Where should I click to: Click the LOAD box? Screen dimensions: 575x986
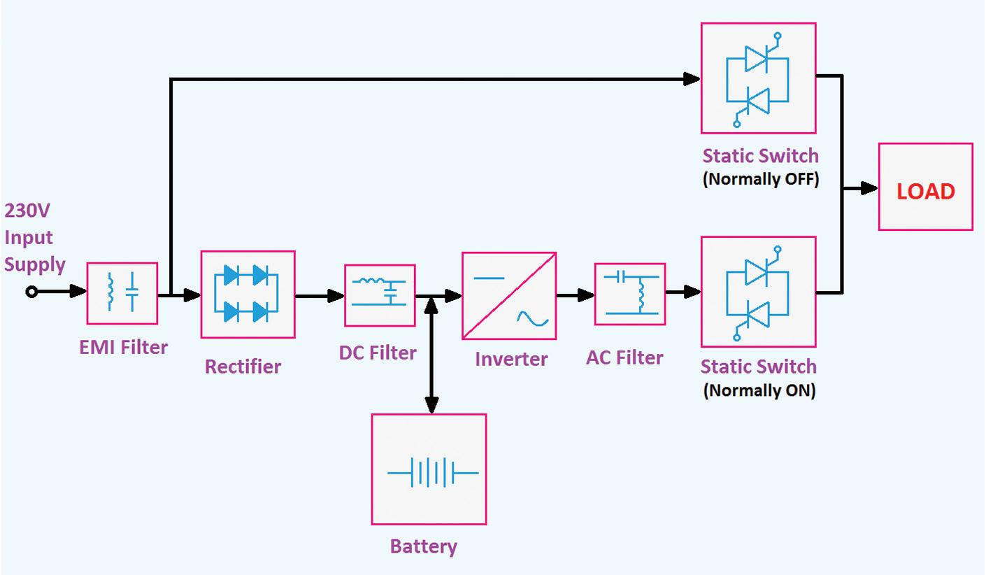coord(925,187)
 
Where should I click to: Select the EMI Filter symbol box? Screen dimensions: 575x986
coord(122,293)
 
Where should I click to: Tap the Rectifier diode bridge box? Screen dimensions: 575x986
coord(248,294)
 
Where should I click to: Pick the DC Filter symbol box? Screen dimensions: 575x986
coord(380,295)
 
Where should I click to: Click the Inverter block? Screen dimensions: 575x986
coord(508,296)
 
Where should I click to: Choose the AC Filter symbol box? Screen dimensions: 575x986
coord(629,294)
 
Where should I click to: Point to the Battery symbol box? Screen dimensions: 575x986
coord(428,469)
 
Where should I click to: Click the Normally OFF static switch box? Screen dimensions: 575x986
coord(758,78)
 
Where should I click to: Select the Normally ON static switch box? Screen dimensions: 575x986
coord(758,291)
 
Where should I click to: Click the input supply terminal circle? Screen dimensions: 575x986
coord(31,292)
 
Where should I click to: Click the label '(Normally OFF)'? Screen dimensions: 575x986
coord(760,178)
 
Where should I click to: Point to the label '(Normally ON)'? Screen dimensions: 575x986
coord(759,390)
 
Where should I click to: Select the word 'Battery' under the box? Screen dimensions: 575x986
coord(423,546)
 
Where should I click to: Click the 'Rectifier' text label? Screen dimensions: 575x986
coord(243,366)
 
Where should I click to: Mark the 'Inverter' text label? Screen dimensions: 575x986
coord(511,359)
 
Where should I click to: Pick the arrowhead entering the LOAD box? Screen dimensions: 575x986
coord(870,187)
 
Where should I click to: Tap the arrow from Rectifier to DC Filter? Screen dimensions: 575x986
coord(320,296)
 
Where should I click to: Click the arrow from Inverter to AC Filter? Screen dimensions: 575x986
coord(576,296)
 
